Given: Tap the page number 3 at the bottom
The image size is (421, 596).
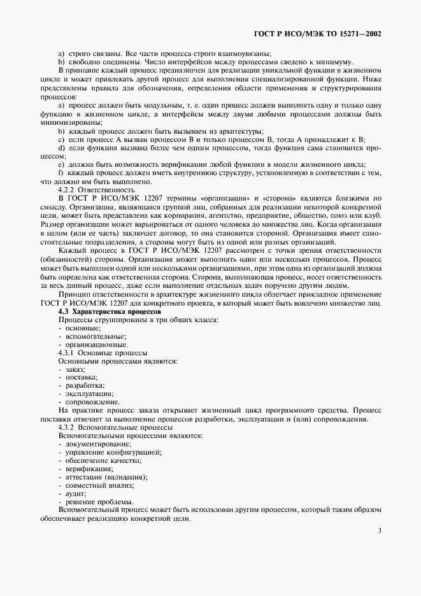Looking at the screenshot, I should point(379,530).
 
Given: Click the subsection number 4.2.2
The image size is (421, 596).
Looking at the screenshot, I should point(66,190).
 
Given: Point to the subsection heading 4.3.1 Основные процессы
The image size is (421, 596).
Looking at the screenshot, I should point(103,352).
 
